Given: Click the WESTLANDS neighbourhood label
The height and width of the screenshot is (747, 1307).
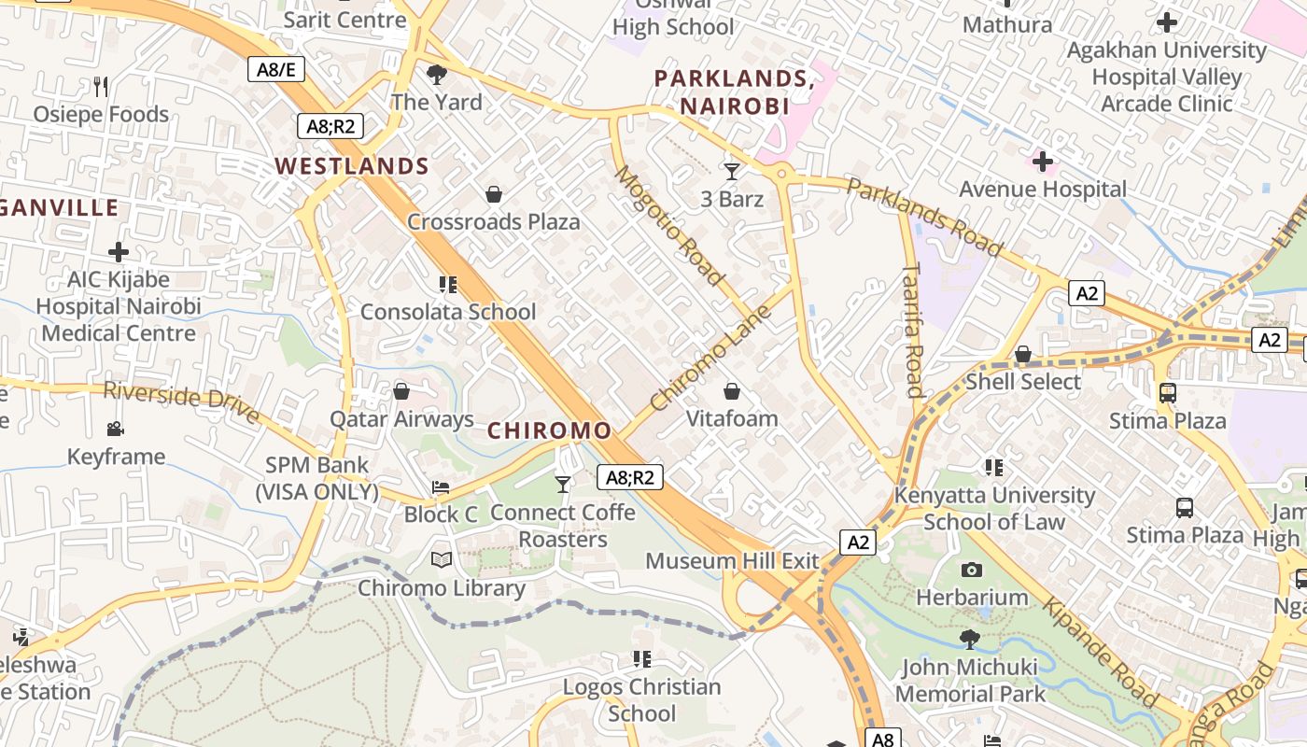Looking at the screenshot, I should tap(351, 167).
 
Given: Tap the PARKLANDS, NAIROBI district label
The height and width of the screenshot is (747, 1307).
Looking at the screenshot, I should tap(734, 92).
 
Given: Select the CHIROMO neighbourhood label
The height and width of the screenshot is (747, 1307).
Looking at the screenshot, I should tap(550, 430).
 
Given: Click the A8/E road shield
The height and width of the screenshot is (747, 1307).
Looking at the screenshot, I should tap(276, 68).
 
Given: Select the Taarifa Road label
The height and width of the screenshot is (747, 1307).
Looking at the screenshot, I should tap(913, 330).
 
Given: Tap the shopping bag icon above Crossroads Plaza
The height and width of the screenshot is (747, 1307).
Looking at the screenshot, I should tap(494, 194).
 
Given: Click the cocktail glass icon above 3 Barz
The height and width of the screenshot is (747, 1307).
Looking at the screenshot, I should tap(732, 171).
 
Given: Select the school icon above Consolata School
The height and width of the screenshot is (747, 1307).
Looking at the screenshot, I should tap(448, 284).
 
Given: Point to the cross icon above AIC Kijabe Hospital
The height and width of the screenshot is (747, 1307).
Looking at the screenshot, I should tap(118, 252).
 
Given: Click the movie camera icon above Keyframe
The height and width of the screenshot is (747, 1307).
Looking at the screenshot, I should tap(116, 430).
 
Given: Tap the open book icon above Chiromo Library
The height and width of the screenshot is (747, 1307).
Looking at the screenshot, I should tap(441, 560).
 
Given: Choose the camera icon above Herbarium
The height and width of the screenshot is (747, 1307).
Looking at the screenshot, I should tap(971, 570).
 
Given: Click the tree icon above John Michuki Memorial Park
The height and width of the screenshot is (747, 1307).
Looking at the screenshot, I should tap(970, 640).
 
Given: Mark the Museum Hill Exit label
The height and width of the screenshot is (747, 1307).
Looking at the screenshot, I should tap(732, 561).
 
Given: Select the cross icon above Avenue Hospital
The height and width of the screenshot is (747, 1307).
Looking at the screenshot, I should tap(1043, 162).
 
